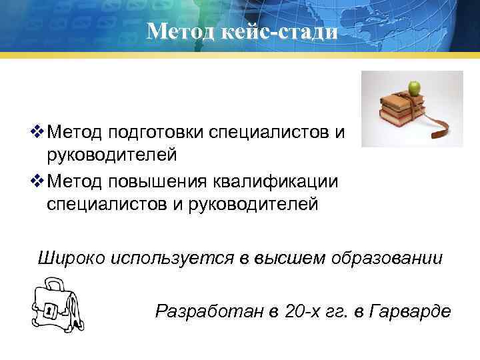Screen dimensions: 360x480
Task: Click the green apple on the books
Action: click(415, 87)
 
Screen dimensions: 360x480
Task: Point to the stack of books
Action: click(399, 111)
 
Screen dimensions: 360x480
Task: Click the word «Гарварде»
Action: click(410, 310)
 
